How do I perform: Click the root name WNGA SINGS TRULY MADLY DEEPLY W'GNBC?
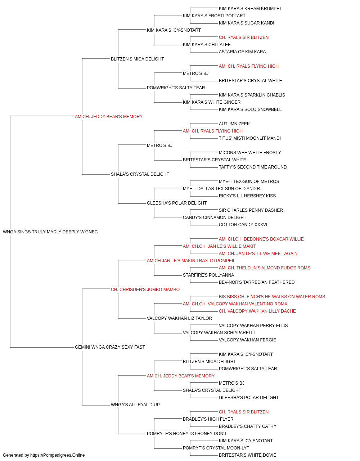click(x=50, y=232)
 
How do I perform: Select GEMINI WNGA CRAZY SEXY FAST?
click(x=110, y=347)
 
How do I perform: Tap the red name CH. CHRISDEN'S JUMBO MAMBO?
click(x=145, y=290)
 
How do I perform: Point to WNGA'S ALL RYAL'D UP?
click(x=135, y=405)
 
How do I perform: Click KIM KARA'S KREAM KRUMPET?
click(x=251, y=9)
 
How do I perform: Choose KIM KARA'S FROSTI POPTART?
click(x=214, y=16)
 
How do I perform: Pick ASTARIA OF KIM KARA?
click(x=242, y=52)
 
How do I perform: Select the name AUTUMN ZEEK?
click(x=234, y=124)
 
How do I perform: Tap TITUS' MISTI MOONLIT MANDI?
click(x=250, y=138)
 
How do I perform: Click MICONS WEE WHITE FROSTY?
click(x=250, y=153)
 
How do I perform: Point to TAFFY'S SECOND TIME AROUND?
click(x=253, y=167)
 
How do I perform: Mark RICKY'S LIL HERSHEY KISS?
click(x=247, y=196)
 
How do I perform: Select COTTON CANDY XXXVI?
click(x=243, y=225)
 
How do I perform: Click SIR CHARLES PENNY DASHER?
click(x=251, y=210)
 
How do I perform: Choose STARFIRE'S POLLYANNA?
click(x=208, y=275)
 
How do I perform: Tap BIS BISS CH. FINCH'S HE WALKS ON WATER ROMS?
click(x=272, y=297)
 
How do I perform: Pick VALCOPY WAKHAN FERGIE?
click(x=247, y=340)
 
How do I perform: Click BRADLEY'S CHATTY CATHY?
click(x=248, y=426)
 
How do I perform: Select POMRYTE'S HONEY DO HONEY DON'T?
click(x=187, y=434)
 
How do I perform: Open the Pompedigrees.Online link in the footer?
click(x=58, y=455)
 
